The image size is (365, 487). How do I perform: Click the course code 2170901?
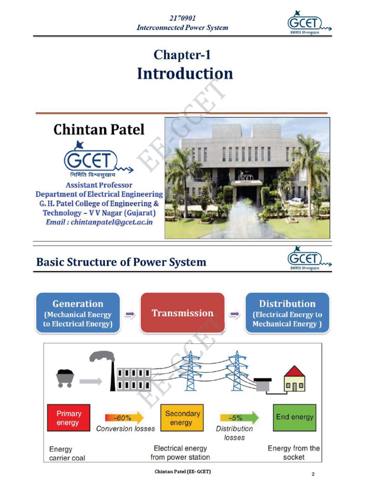click(x=182, y=18)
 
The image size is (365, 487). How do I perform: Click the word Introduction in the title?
click(x=185, y=74)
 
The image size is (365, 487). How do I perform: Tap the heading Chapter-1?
click(x=182, y=55)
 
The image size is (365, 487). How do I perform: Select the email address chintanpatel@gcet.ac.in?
click(x=112, y=222)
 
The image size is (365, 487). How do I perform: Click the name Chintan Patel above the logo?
click(x=99, y=129)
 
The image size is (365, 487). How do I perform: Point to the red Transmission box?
click(x=182, y=313)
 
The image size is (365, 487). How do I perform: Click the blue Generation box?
click(x=78, y=313)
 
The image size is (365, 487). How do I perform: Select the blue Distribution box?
click(x=287, y=313)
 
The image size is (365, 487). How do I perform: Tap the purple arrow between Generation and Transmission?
click(x=130, y=314)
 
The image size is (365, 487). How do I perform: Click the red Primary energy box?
click(x=68, y=418)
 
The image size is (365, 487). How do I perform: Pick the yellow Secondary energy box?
click(x=182, y=418)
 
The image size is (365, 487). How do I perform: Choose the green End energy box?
click(x=295, y=418)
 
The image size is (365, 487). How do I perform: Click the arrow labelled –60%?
click(x=125, y=418)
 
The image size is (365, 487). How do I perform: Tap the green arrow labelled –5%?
click(x=240, y=418)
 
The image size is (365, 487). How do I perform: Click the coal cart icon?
click(x=65, y=378)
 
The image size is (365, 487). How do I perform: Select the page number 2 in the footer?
click(x=313, y=474)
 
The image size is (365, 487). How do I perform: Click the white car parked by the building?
click(x=296, y=201)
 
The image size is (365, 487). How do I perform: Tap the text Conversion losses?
click(x=125, y=429)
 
